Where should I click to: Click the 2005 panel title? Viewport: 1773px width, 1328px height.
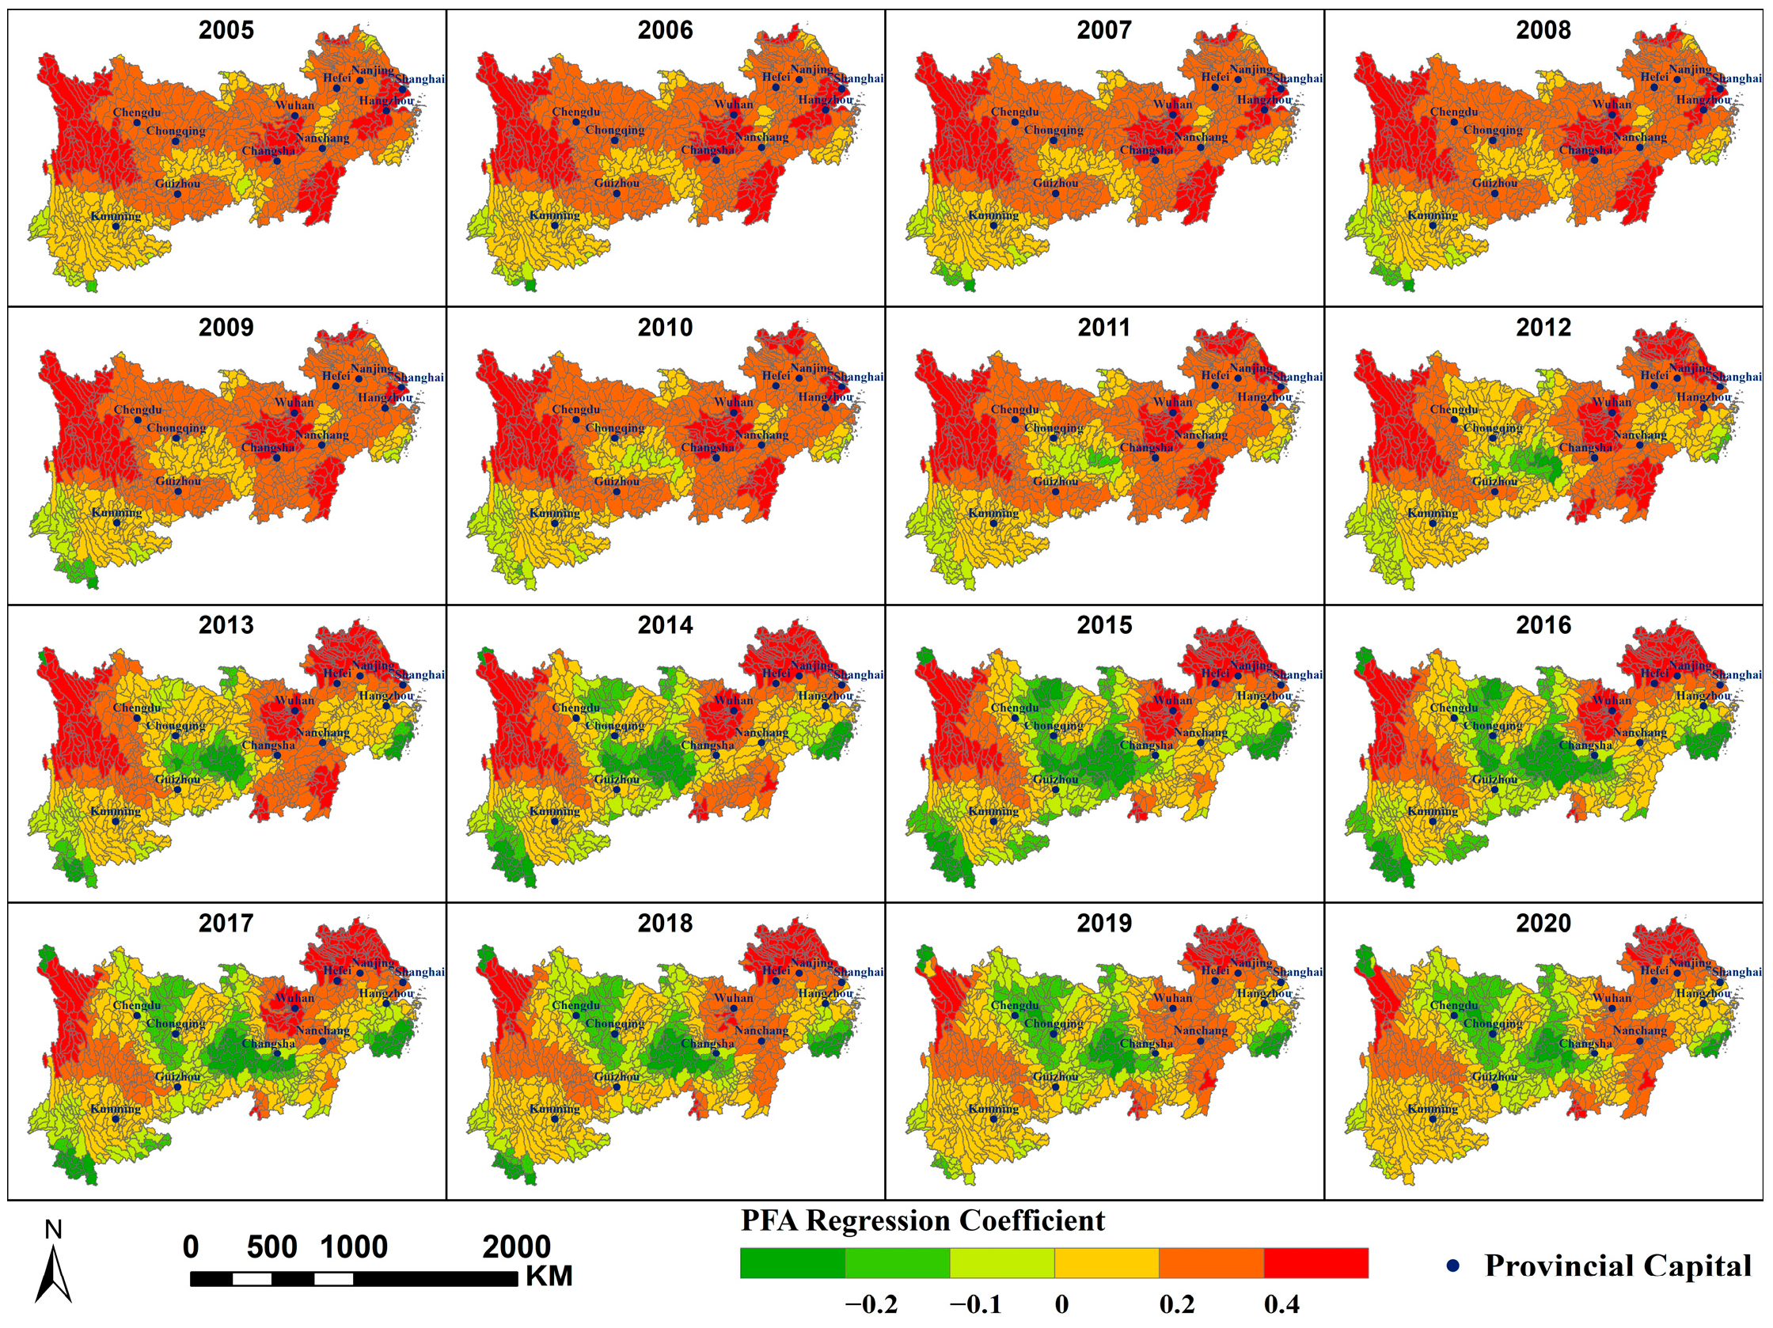[226, 30]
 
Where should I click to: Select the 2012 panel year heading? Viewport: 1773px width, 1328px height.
[1543, 328]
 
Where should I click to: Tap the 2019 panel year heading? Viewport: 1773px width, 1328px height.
[1103, 924]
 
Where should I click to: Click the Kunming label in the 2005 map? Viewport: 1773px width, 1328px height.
[116, 216]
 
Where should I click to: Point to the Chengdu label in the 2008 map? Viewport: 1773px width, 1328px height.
[1454, 112]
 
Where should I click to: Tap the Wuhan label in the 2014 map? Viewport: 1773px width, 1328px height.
[734, 700]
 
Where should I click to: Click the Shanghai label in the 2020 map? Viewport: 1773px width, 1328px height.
[1737, 972]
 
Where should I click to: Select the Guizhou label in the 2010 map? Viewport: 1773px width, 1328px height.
[617, 482]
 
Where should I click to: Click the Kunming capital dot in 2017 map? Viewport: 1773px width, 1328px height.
[116, 1119]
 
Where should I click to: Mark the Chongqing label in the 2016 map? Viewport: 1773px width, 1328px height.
[1493, 725]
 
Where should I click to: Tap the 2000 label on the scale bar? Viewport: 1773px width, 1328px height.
[516, 1247]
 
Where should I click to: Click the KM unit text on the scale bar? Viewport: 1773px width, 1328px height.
[549, 1277]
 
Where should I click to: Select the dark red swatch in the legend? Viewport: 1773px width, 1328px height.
[1316, 1263]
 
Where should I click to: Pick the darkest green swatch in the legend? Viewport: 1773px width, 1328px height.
[792, 1263]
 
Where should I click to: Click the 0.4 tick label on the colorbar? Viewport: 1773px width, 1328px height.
[1281, 1305]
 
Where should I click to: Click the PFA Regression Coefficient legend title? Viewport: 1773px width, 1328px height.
[922, 1220]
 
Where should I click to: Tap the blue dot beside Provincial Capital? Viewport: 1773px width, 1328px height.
[1452, 1265]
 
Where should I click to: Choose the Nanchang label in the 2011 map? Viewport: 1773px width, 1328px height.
[1200, 435]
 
